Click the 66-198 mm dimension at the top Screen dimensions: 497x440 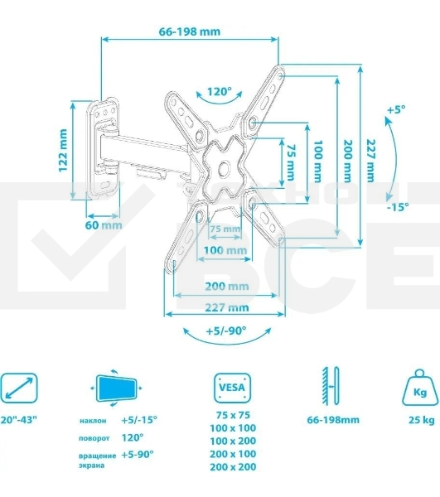(x=190, y=31)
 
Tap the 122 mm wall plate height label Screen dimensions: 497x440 (x=64, y=149)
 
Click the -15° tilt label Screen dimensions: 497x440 (x=397, y=207)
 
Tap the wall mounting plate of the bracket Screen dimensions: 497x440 (x=104, y=143)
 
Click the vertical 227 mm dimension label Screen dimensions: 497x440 (x=370, y=160)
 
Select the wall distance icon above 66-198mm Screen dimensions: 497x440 (x=331, y=386)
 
